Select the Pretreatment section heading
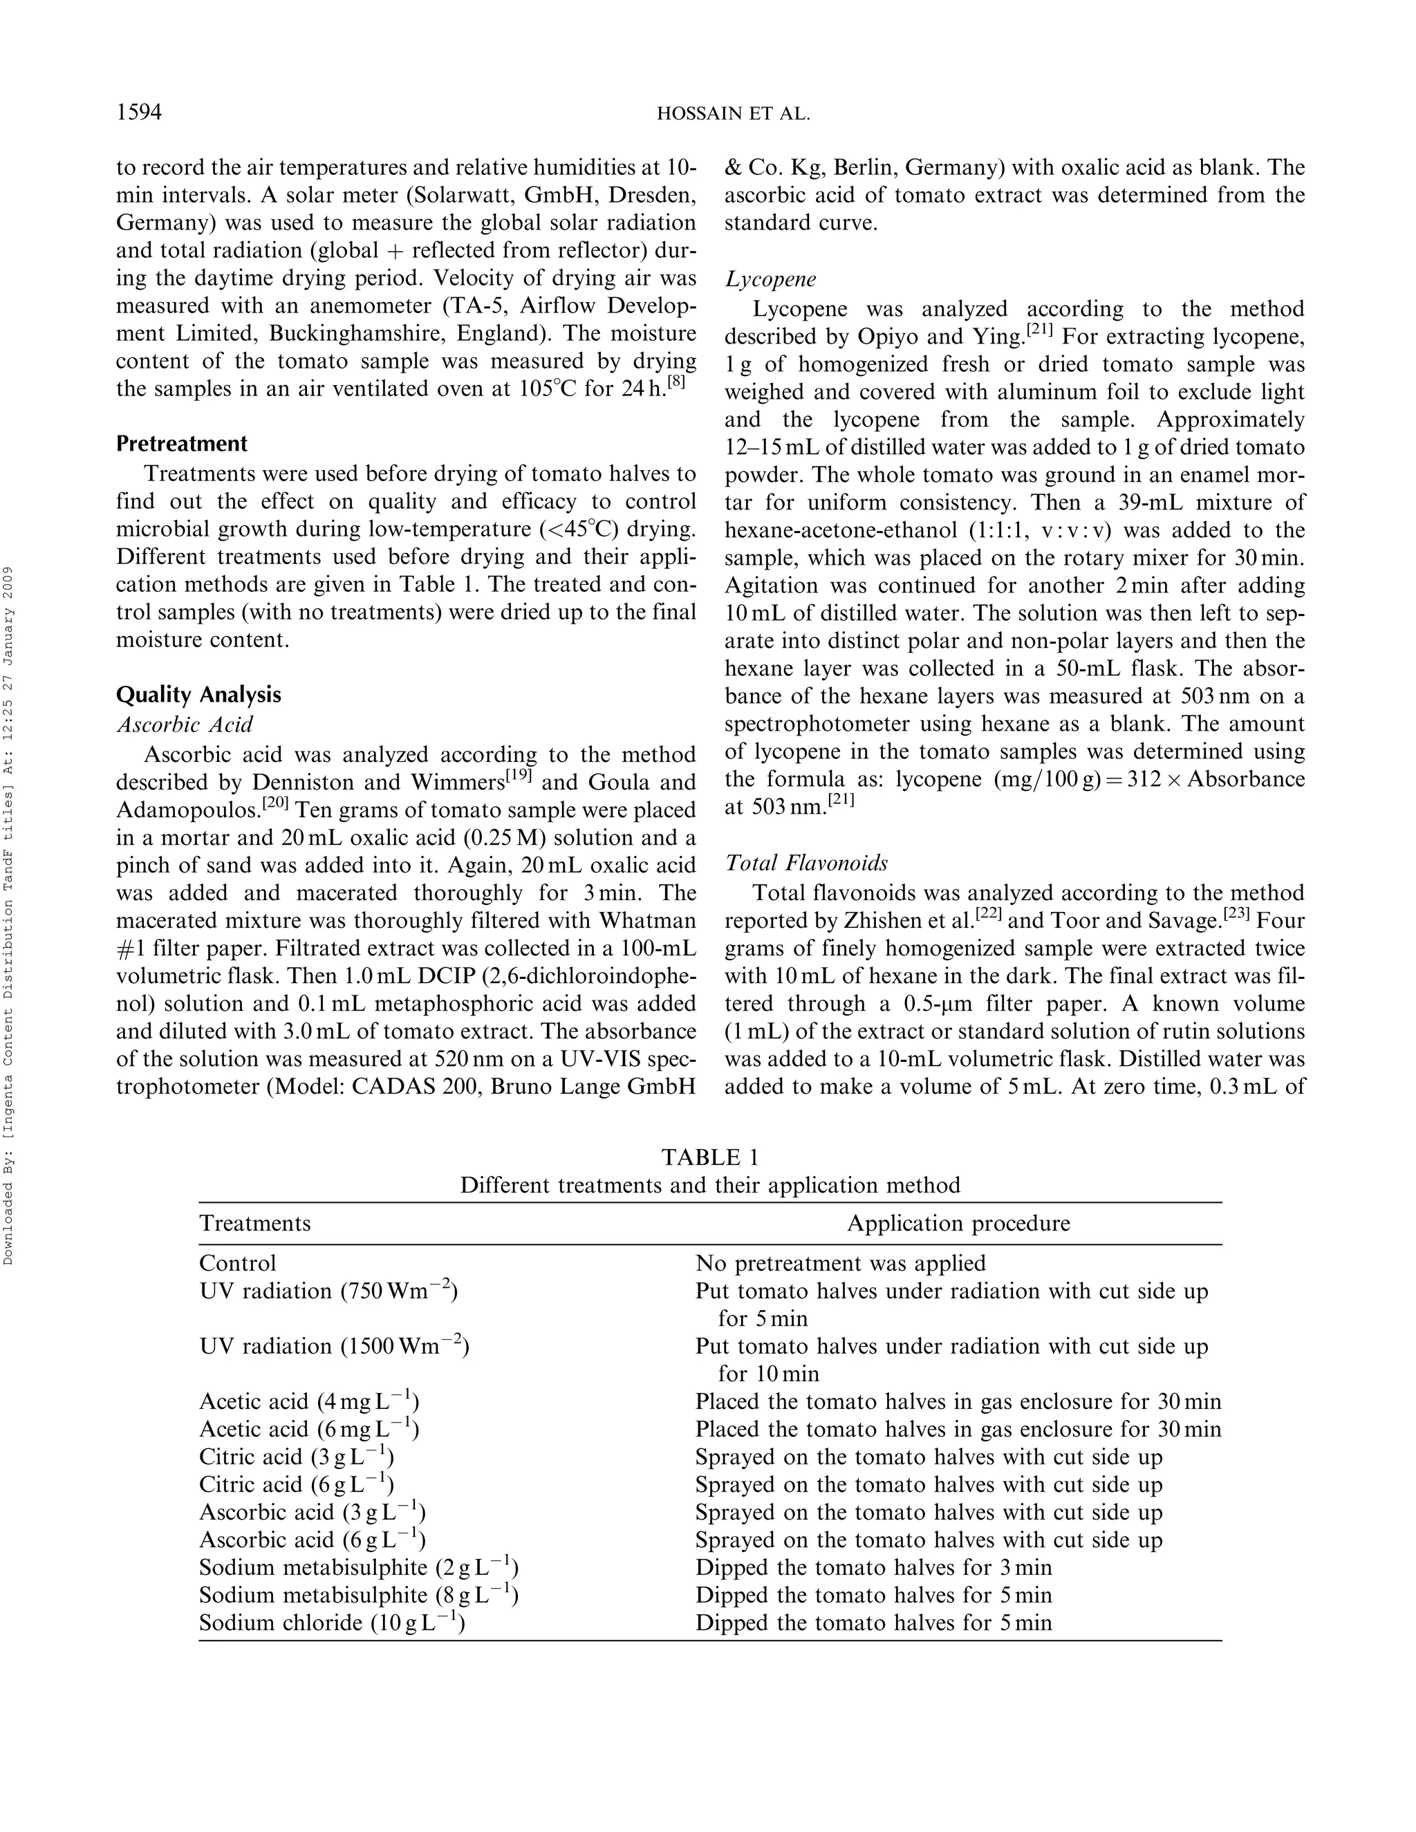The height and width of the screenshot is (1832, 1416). tap(181, 444)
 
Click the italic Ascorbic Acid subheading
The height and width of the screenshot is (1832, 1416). tap(184, 724)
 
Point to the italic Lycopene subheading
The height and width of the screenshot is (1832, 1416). tap(770, 279)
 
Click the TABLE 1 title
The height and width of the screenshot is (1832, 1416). tap(709, 1157)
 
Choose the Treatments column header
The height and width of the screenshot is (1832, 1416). tap(254, 1223)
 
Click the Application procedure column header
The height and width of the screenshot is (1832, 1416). tap(958, 1223)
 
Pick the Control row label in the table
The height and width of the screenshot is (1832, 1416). tap(237, 1263)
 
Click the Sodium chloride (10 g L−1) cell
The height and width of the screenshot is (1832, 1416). tap(331, 1623)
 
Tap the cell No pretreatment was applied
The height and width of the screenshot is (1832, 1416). tap(841, 1263)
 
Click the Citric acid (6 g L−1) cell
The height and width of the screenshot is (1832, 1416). tap(296, 1485)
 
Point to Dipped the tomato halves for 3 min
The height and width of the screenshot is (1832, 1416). tap(873, 1568)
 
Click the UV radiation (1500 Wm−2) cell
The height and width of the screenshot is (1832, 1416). tap(333, 1346)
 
